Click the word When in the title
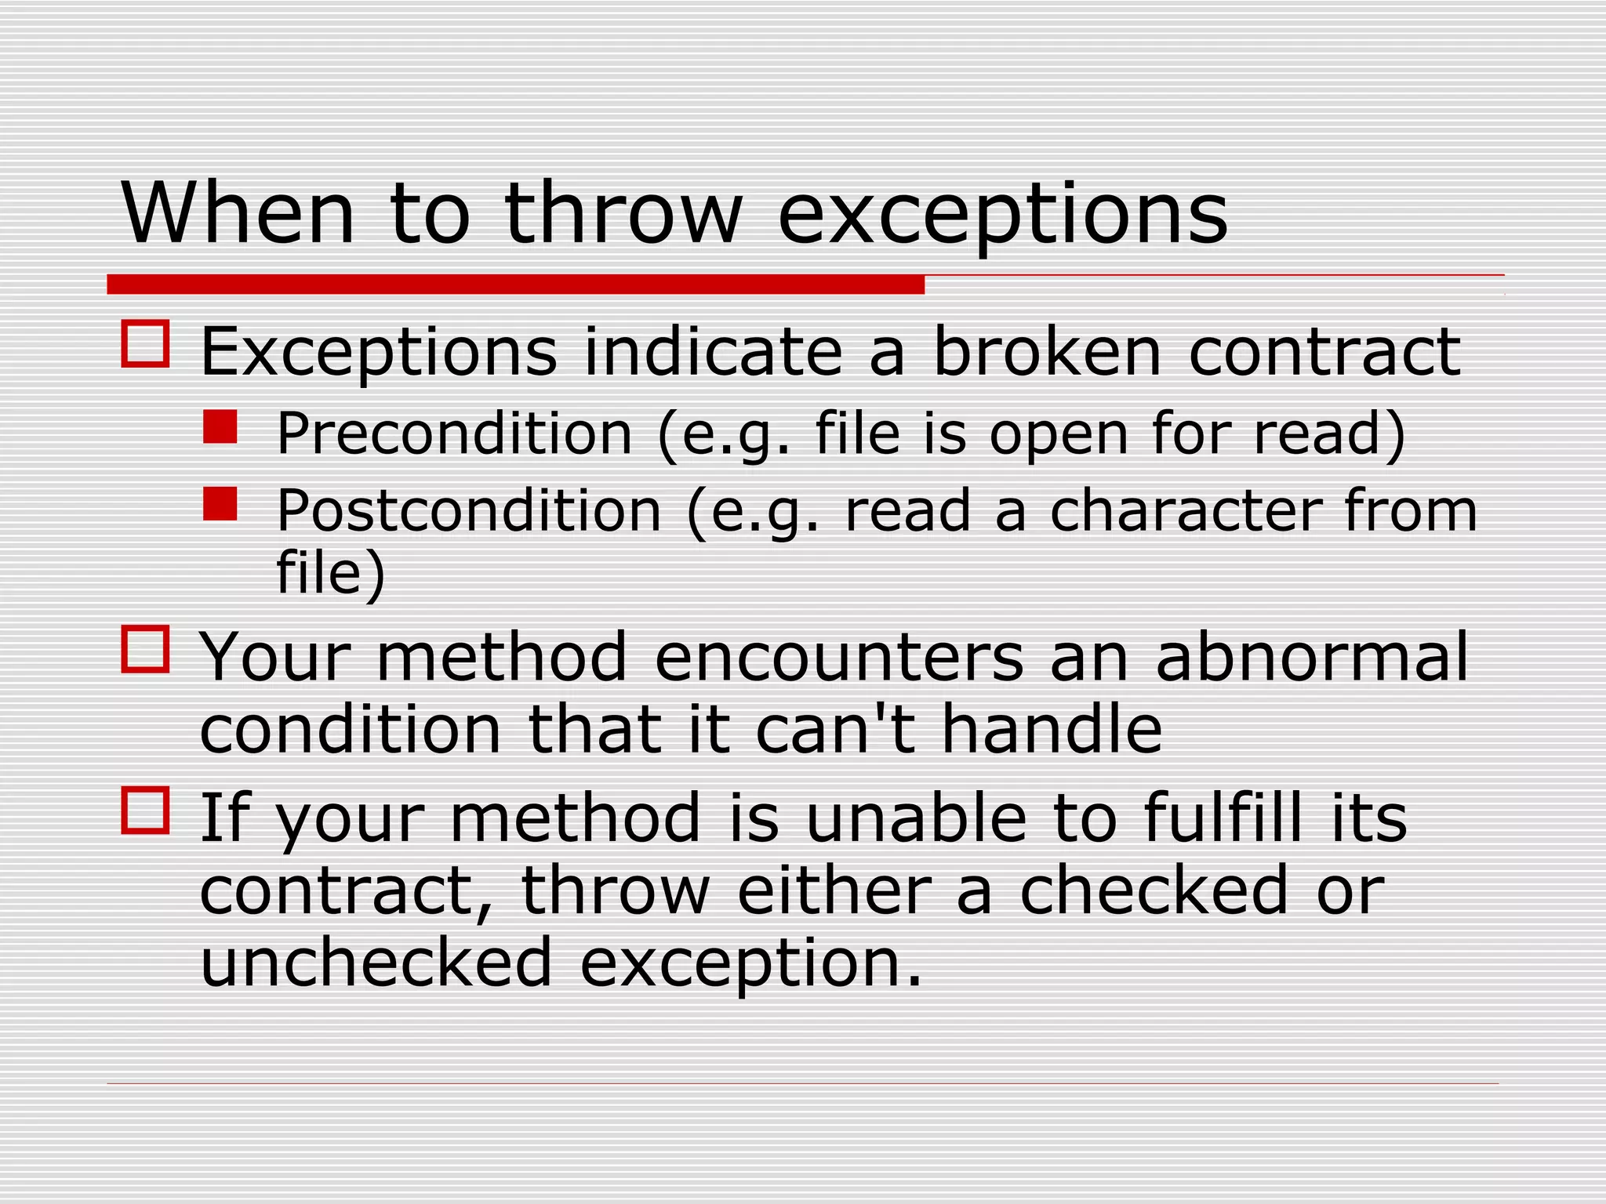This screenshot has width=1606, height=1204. click(238, 214)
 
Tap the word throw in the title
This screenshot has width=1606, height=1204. click(623, 214)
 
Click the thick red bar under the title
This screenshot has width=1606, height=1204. click(515, 285)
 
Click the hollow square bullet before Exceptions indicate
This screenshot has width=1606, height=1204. click(145, 343)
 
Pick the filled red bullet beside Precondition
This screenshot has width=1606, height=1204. click(220, 428)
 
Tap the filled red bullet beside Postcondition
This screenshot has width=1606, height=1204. click(220, 504)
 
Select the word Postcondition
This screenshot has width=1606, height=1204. click(469, 511)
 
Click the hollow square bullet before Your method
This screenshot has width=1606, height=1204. click(145, 648)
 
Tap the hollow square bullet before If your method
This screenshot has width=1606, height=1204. click(145, 810)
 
